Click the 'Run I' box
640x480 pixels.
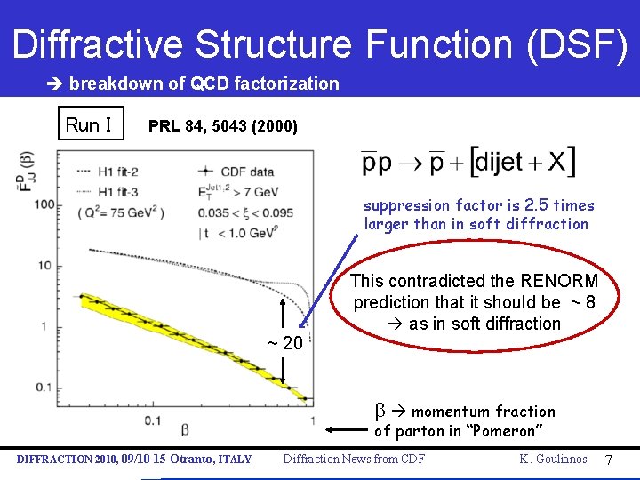tap(89, 124)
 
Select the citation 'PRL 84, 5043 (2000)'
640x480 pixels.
tap(223, 125)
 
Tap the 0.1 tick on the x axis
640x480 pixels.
tap(154, 420)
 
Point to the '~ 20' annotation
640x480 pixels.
tap(286, 343)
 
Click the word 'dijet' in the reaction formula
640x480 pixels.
tap(498, 163)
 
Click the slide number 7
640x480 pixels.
tap(609, 460)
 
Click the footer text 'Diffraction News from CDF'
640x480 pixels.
tap(354, 460)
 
